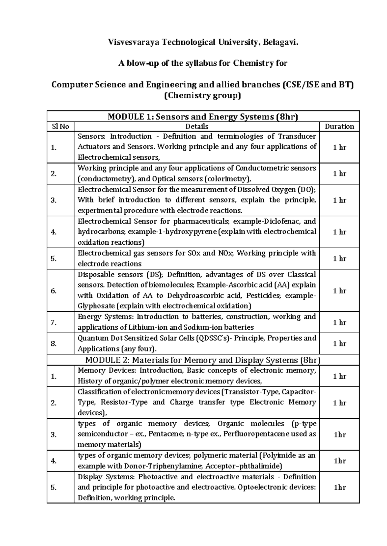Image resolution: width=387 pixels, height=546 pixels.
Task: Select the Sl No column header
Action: click(60, 127)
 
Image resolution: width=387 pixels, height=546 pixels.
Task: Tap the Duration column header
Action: click(339, 127)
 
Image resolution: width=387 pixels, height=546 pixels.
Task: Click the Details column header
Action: click(197, 127)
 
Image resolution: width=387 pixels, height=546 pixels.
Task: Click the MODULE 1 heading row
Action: click(203, 117)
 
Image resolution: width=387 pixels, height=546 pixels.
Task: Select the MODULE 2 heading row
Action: click(203, 360)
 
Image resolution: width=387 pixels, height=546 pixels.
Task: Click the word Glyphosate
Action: click(96, 306)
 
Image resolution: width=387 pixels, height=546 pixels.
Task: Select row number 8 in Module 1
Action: click(54, 344)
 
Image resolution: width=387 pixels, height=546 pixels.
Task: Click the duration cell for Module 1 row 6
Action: click(339, 291)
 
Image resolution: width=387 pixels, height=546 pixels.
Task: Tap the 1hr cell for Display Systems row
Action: click(339, 487)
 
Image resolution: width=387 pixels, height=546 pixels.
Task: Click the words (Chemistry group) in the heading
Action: click(203, 96)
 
